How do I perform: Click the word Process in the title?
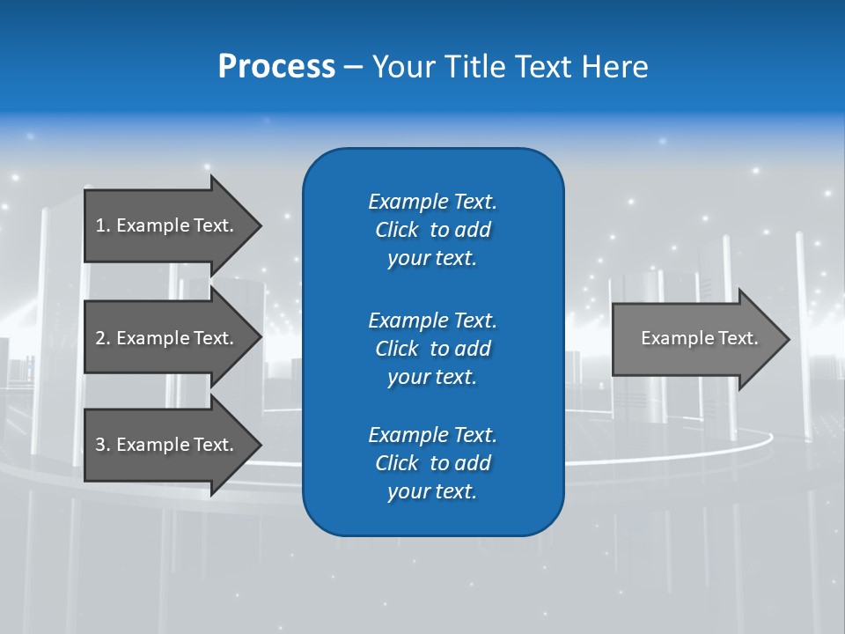click(x=276, y=67)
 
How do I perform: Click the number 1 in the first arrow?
click(x=100, y=225)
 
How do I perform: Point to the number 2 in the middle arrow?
click(x=100, y=338)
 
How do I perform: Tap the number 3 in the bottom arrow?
click(x=100, y=445)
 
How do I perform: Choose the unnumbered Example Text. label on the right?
click(x=699, y=338)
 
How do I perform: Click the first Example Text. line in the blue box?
click(x=432, y=202)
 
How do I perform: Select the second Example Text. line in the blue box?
click(x=432, y=320)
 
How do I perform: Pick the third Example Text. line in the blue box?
click(x=432, y=435)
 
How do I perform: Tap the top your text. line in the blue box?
click(x=432, y=259)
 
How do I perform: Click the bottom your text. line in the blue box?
click(x=432, y=492)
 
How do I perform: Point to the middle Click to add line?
click(x=432, y=349)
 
